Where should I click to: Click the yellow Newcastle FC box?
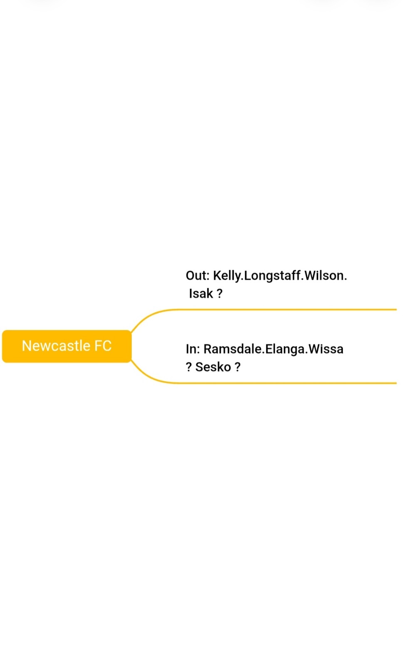(67, 346)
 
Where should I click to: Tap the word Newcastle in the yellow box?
(56, 346)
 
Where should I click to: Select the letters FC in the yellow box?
(103, 346)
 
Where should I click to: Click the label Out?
(198, 276)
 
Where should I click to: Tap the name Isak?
(201, 294)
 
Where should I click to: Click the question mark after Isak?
(220, 294)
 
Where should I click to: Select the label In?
(193, 349)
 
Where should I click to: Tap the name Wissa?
(326, 349)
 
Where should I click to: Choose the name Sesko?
(213, 367)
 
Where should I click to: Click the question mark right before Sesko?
(188, 367)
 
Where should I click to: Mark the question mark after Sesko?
(238, 367)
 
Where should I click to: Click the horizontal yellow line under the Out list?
(286, 310)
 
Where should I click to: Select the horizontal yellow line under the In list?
(286, 383)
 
